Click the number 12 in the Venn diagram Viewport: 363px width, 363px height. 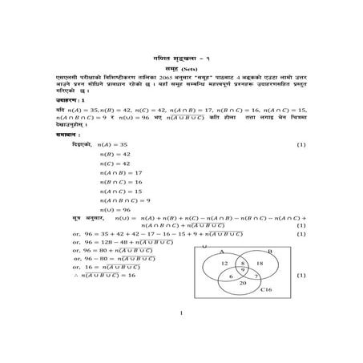224,263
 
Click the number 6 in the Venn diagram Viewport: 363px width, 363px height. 232,276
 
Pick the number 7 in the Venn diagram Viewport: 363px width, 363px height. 255,276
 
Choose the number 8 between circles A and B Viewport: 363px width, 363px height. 243,262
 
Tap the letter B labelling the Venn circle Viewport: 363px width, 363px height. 269,251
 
